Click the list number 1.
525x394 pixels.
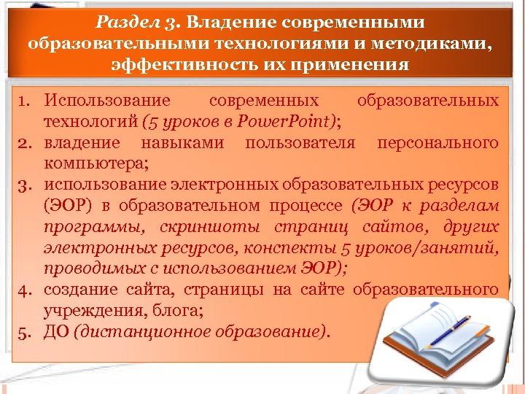click(23, 100)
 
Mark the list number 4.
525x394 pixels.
click(23, 290)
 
